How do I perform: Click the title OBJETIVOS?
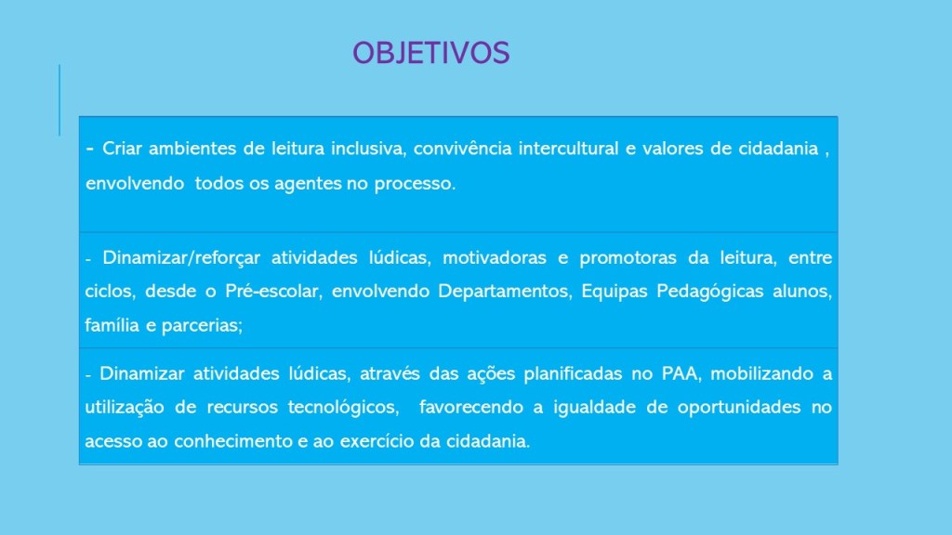pyautogui.click(x=431, y=53)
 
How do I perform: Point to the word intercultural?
pyautogui.click(x=568, y=149)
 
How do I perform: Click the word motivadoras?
pyautogui.click(x=495, y=258)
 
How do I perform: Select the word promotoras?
pyautogui.click(x=628, y=258)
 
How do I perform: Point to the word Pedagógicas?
pyautogui.click(x=709, y=292)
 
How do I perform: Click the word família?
pyautogui.click(x=112, y=325)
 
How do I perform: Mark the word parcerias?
pyautogui.click(x=202, y=326)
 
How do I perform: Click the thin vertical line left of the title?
pyautogui.click(x=59, y=100)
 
